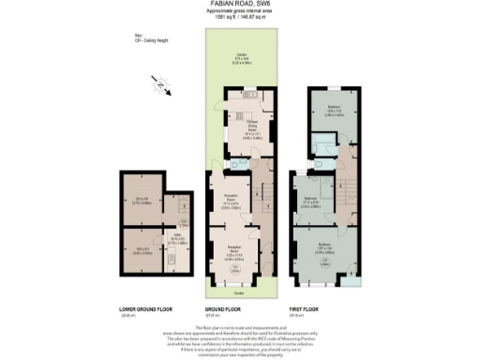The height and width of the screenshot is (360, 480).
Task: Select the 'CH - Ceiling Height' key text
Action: click(126, 40)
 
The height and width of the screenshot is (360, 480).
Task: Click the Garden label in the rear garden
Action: click(240, 57)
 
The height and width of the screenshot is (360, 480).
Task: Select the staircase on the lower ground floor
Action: click(185, 201)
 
